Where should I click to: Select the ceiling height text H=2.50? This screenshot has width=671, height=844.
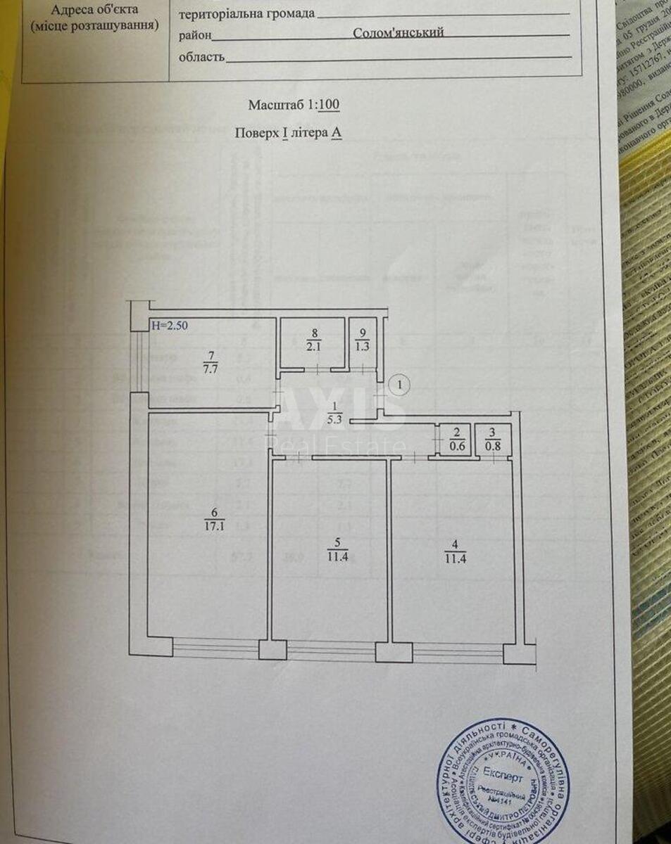click(170, 326)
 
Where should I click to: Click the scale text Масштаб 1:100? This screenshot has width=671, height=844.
click(294, 105)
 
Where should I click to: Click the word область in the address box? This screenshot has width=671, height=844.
click(202, 57)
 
